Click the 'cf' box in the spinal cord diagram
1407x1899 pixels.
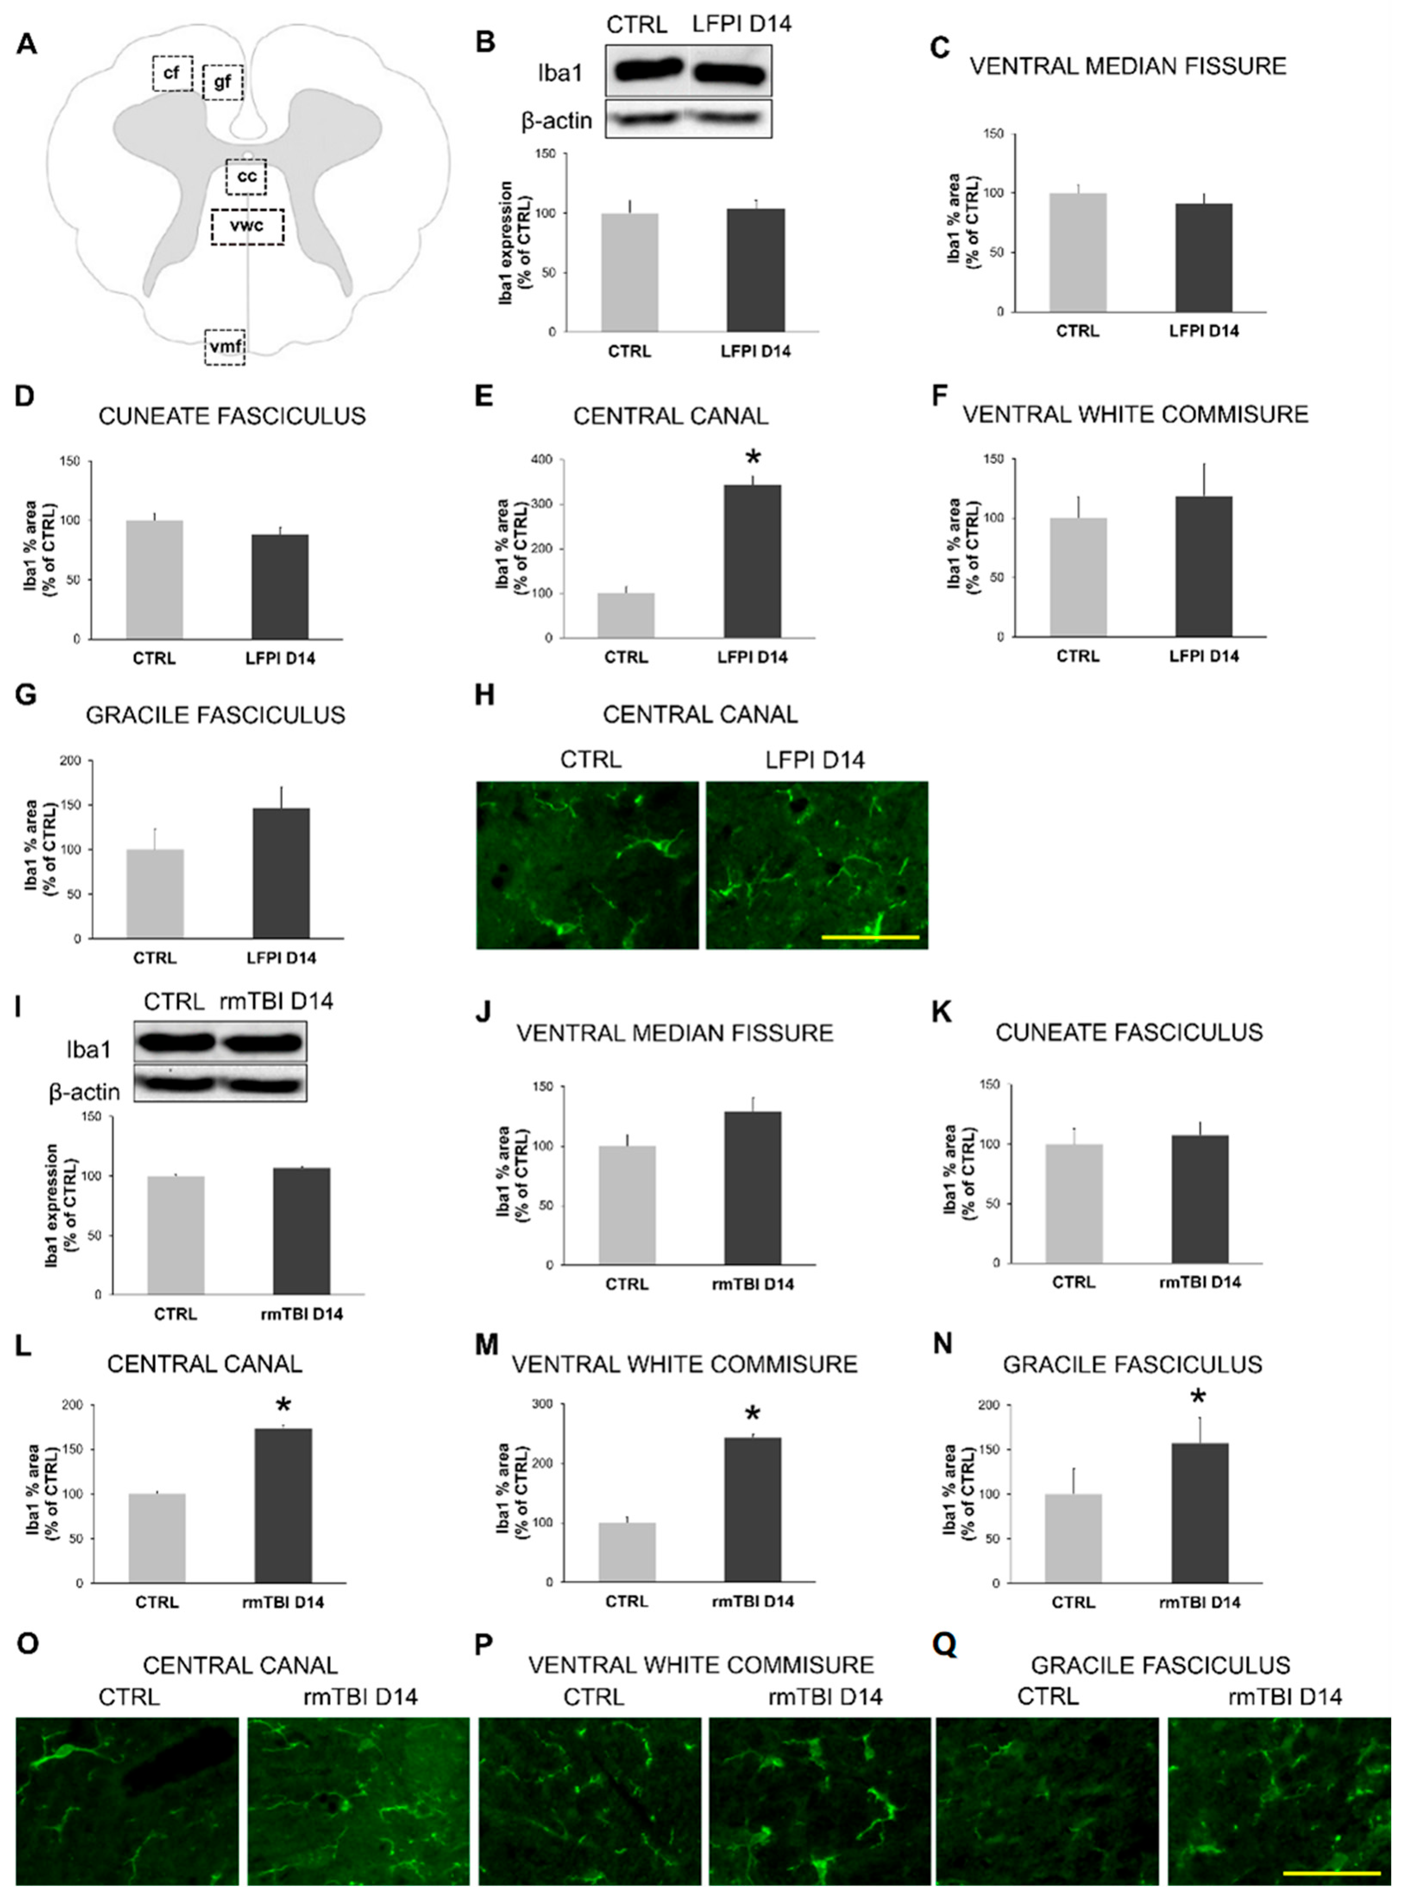tap(172, 73)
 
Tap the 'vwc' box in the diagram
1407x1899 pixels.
tap(247, 226)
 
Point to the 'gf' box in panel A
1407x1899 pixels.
tap(223, 82)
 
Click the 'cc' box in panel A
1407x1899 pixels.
tap(246, 176)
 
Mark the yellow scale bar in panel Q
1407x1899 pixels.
tap(1331, 1873)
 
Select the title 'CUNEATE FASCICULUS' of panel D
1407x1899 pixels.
tap(232, 416)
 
